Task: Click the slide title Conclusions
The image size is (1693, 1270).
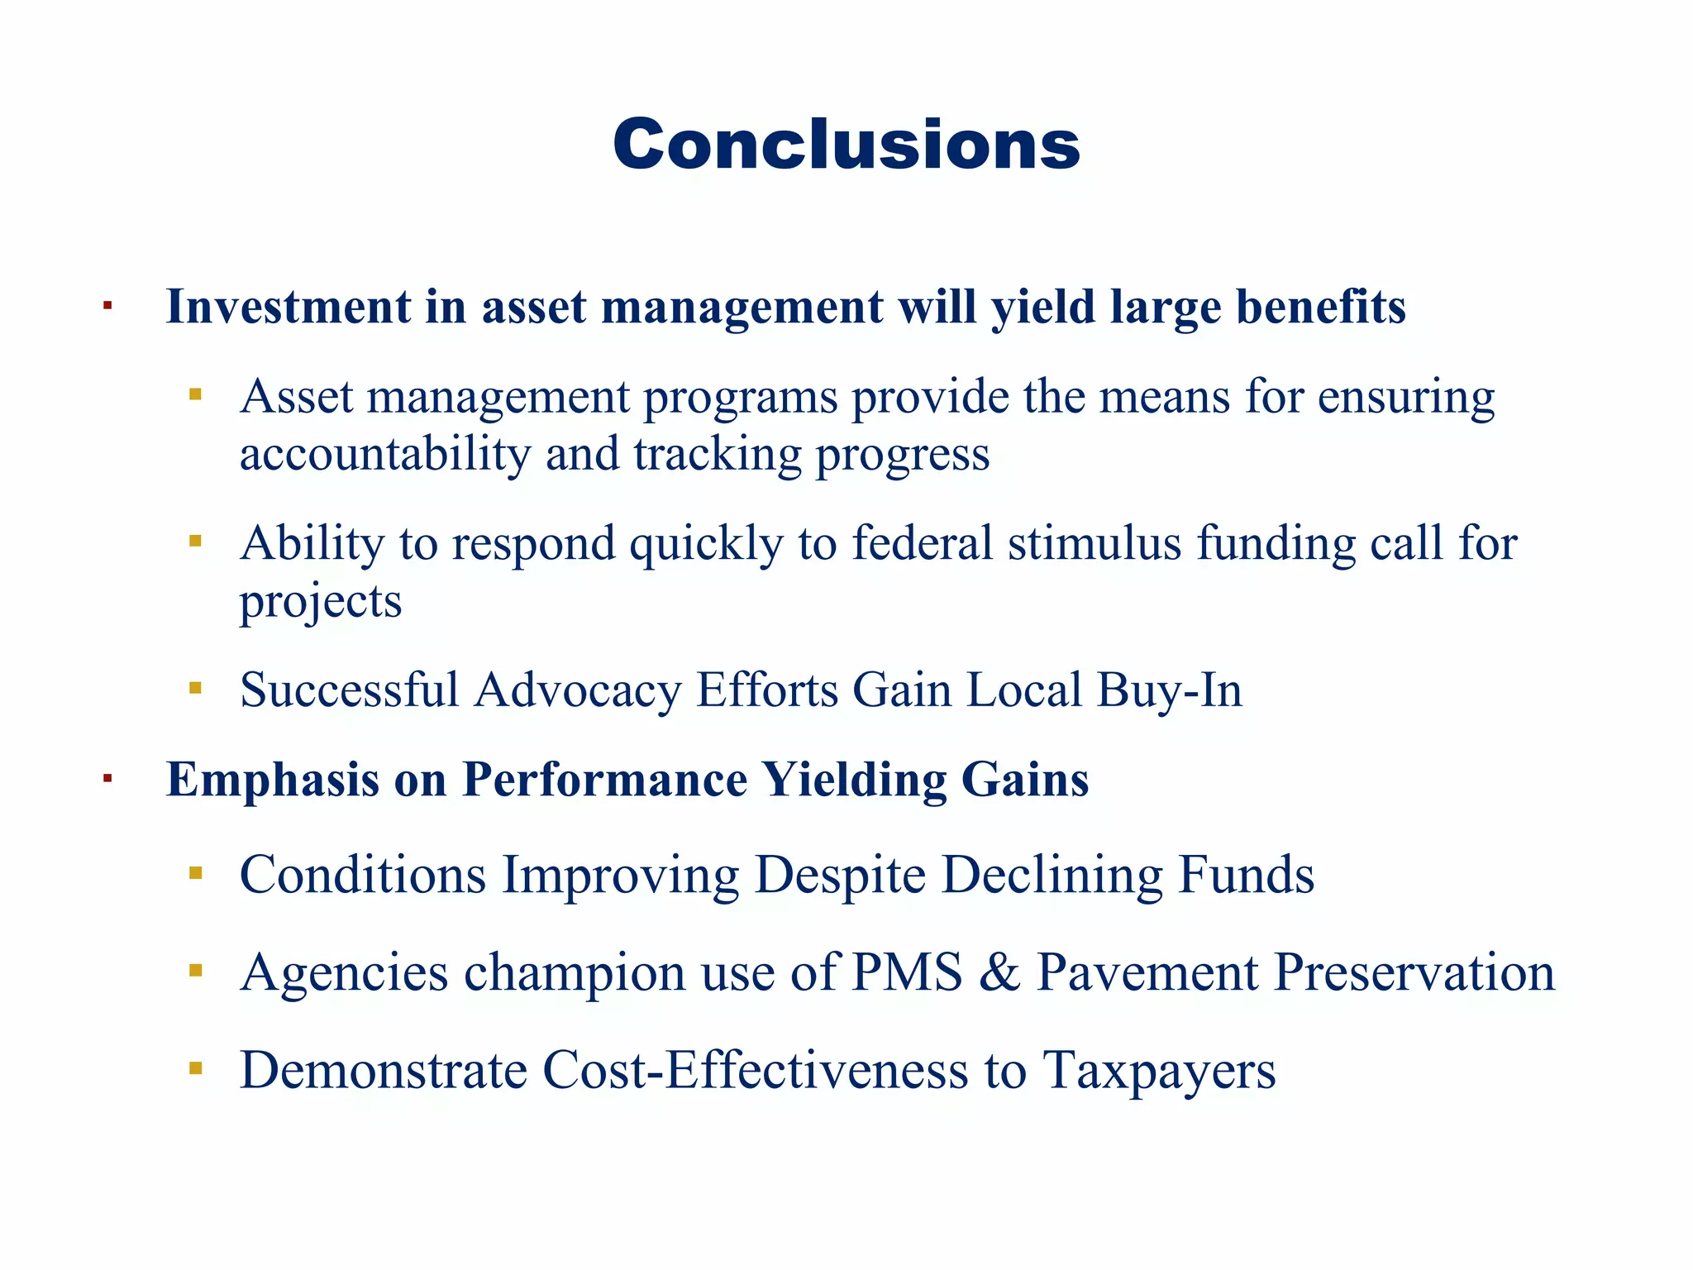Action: pos(846,145)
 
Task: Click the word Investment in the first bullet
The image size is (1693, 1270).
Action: pos(288,308)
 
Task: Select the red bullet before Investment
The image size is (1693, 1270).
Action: pos(107,307)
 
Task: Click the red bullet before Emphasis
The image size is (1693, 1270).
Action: pos(107,778)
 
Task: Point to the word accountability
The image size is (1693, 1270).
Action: pos(384,455)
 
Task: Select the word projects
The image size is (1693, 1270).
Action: pos(321,602)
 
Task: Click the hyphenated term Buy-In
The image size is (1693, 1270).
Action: pos(1169,690)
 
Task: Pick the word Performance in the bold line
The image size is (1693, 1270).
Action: pos(604,780)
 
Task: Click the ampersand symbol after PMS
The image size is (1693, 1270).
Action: pos(1000,972)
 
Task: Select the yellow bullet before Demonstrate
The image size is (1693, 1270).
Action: pos(196,1069)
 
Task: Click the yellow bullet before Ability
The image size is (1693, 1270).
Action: pos(196,542)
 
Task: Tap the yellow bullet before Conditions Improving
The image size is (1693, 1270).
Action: pos(196,873)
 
